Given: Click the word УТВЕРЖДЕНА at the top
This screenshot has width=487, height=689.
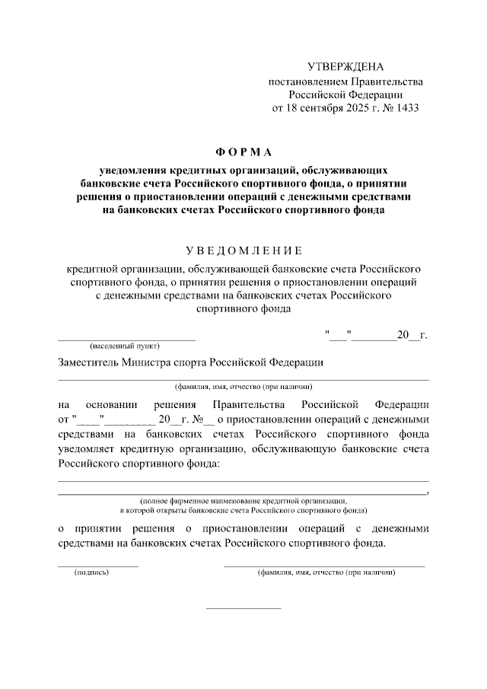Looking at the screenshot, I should (x=345, y=67).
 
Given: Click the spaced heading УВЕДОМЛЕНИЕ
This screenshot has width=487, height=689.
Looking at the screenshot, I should (x=243, y=250).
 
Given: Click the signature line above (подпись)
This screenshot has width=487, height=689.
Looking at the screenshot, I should (x=99, y=566).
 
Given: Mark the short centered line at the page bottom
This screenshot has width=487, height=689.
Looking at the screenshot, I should (x=243, y=608).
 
